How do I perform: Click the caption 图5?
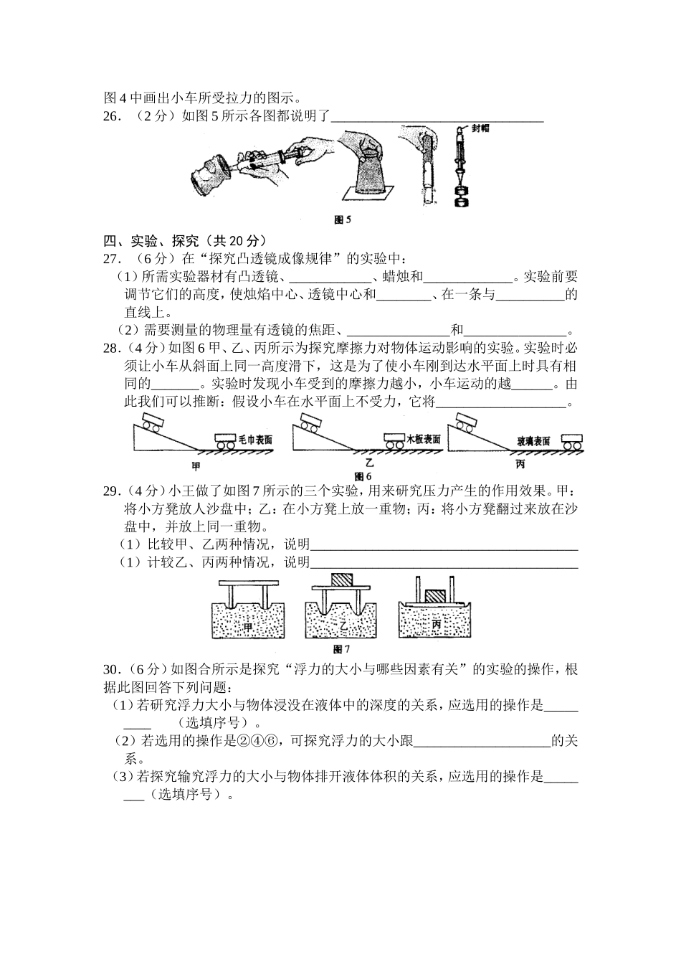(x=342, y=220)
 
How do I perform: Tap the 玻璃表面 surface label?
(x=534, y=441)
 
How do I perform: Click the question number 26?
(x=112, y=117)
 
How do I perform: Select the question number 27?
(x=112, y=258)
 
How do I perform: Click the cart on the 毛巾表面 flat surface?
(x=225, y=442)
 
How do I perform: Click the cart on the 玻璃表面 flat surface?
(x=571, y=442)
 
